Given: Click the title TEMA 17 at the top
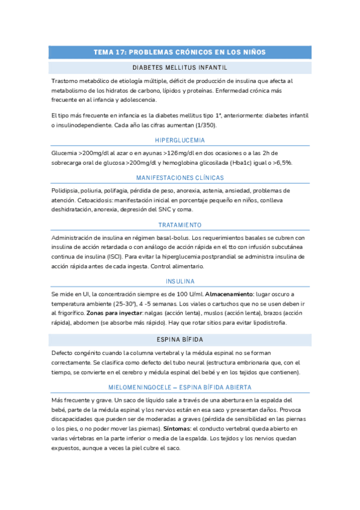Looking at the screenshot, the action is coord(180,52).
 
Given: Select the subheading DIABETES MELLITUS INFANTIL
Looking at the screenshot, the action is coord(180,67).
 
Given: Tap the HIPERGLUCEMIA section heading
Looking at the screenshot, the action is coord(180,140).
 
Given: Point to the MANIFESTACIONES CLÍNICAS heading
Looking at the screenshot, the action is coord(180,178).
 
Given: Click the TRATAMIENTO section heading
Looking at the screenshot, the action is coord(180,224).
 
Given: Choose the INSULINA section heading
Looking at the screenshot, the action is coord(180,281).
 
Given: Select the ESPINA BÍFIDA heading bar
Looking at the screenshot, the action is coord(180,339).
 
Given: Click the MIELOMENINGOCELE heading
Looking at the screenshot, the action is coord(180,387).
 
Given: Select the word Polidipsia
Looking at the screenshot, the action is coord(66,191).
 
